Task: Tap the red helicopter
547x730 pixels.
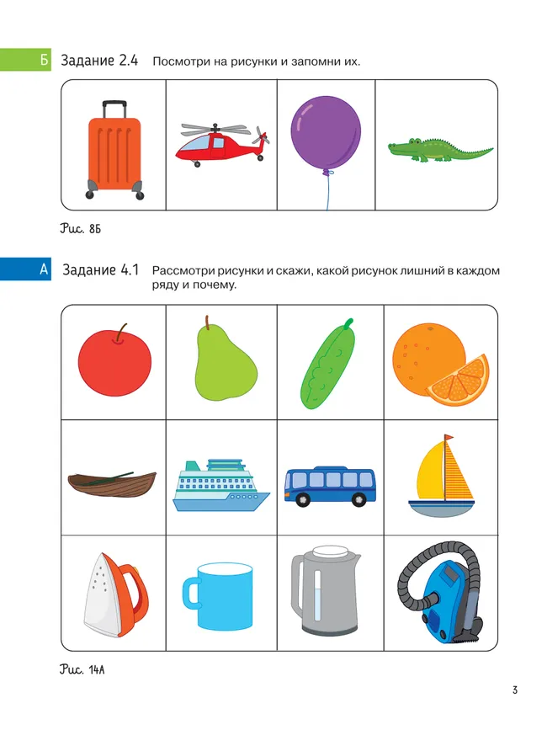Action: pos(222,144)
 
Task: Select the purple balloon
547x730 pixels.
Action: pos(326,131)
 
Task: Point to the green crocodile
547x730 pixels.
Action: pos(440,150)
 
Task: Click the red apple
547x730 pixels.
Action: pos(114,362)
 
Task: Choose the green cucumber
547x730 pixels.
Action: pos(328,364)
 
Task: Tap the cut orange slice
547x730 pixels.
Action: pos(458,381)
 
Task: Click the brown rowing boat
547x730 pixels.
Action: pos(112,484)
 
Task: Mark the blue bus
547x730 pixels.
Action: pos(330,486)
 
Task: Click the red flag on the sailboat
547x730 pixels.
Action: pos(449,438)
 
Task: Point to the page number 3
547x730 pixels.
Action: pos(515,690)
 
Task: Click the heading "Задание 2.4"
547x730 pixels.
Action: pos(99,61)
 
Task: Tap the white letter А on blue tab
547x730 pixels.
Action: pos(44,269)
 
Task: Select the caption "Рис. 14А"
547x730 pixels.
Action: pos(82,669)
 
